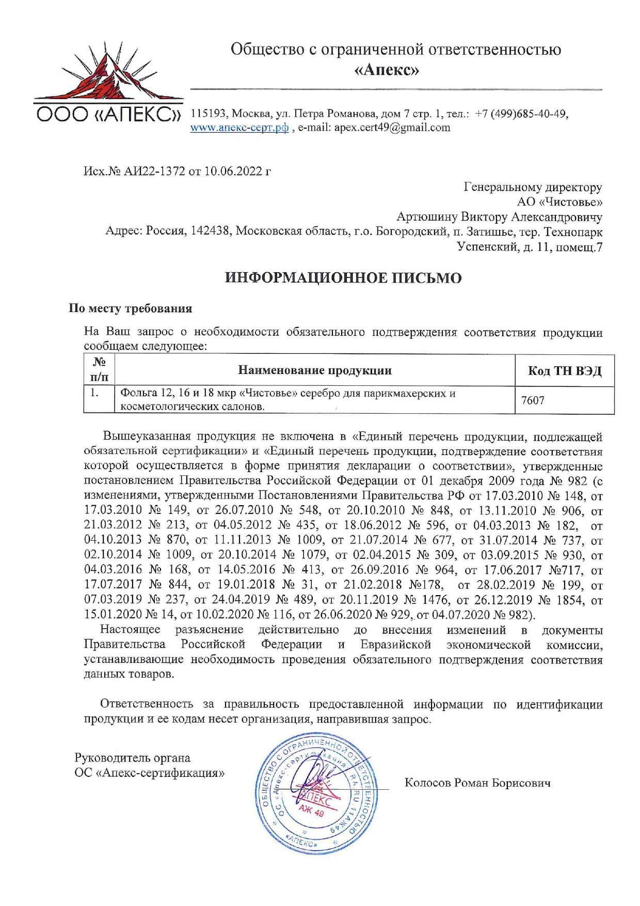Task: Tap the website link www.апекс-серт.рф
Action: click(239, 128)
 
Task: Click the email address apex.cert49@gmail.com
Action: click(392, 128)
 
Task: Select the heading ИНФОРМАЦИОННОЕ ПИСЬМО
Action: click(343, 278)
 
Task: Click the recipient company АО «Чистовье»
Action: click(559, 202)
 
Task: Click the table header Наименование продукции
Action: click(314, 370)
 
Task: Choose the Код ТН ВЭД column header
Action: click(565, 371)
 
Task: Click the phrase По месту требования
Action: click(131, 308)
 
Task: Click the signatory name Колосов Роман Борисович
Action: click(477, 783)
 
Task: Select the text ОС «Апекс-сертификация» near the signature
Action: click(150, 773)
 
